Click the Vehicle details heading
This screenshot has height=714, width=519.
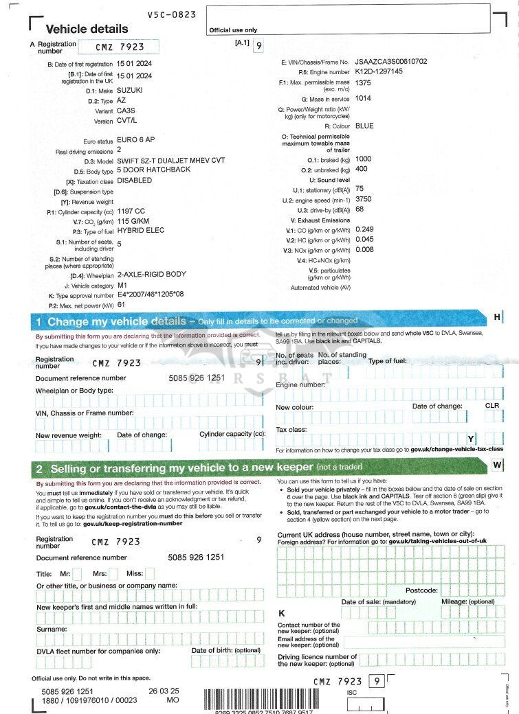(x=87, y=29)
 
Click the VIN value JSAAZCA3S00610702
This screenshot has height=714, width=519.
(x=391, y=62)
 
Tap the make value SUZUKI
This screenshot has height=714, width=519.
(x=130, y=90)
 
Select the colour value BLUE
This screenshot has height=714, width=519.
(x=364, y=126)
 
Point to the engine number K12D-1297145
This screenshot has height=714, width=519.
(x=379, y=71)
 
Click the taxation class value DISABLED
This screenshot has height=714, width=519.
(x=135, y=181)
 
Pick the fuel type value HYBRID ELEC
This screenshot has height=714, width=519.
(x=141, y=231)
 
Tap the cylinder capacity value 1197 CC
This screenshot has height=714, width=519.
(x=131, y=211)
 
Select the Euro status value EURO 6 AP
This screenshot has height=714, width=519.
(x=136, y=140)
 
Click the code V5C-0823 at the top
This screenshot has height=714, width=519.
(x=172, y=14)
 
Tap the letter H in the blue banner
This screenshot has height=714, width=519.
(x=497, y=316)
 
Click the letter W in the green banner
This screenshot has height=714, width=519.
(x=497, y=465)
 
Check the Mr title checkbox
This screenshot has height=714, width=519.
(x=77, y=573)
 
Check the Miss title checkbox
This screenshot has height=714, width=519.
(x=149, y=573)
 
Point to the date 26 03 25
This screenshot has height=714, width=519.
(x=164, y=691)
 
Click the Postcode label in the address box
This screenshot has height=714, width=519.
(x=421, y=590)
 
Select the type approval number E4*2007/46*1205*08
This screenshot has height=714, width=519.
(x=151, y=294)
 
